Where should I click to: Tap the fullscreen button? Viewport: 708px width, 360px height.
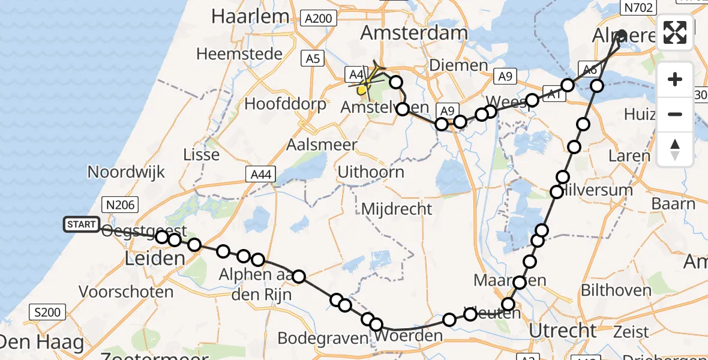point(675,32)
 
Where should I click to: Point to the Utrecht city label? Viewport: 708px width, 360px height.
point(563,329)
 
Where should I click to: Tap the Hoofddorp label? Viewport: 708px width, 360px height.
point(286,104)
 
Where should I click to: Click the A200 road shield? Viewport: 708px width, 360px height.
point(317,18)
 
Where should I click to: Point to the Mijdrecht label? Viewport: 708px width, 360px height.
point(397,209)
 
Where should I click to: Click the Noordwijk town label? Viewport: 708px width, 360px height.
point(126,172)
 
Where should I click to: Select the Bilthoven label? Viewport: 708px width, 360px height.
point(616,290)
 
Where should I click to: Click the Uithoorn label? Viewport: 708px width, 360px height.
point(370,172)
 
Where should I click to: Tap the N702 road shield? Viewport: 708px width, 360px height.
point(639,6)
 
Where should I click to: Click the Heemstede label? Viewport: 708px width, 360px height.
point(239,54)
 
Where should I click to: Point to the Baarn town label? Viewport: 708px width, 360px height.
point(673,203)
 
